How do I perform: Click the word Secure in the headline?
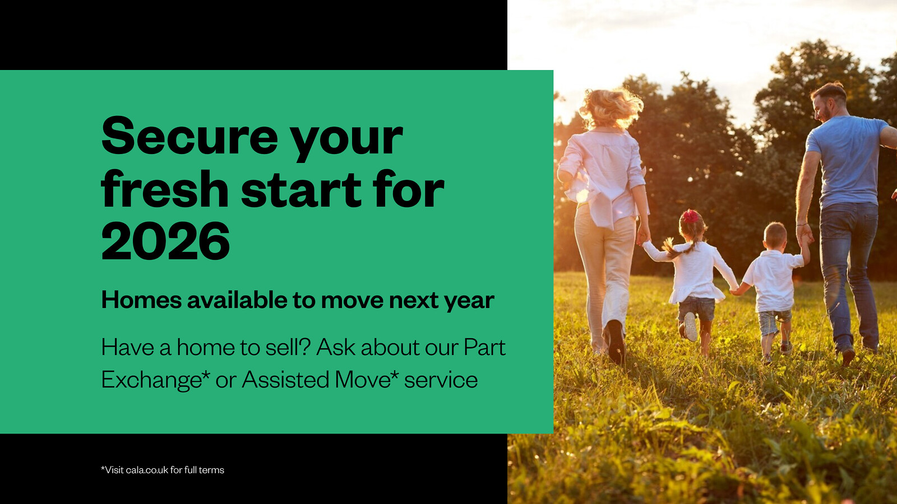190,136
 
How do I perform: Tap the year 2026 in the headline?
166,241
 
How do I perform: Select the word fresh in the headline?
165,188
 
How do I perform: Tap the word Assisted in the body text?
285,379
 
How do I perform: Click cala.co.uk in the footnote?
147,470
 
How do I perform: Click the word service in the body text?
441,380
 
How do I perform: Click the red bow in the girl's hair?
691,216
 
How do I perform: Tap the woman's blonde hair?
611,108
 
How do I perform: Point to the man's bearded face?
824,106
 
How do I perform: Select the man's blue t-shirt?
849,161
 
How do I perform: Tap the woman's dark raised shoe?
616,342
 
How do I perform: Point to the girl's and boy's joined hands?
735,290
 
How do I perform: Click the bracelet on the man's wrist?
802,225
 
